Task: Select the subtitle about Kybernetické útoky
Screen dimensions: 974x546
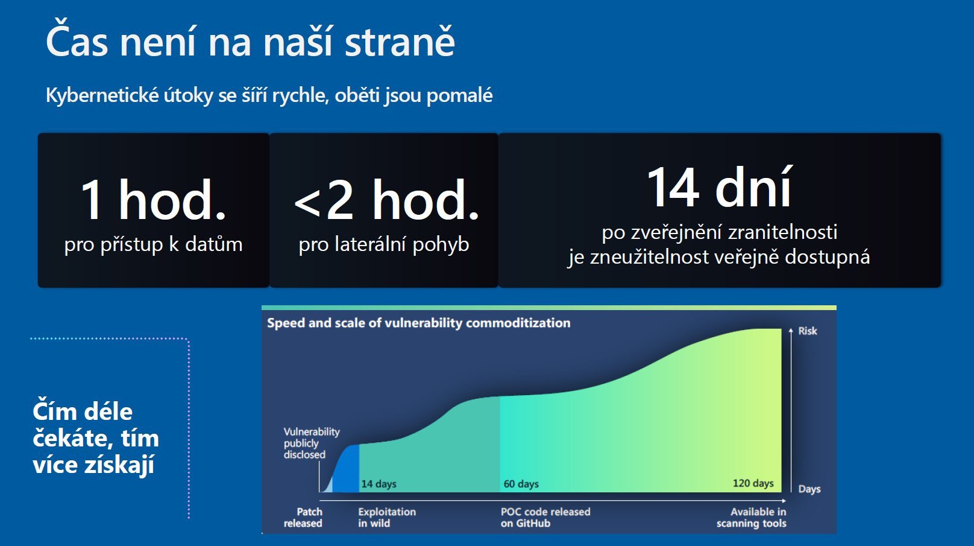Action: pos(269,95)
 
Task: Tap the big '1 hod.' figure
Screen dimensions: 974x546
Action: pos(154,200)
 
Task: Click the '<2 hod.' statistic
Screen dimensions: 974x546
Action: pos(386,200)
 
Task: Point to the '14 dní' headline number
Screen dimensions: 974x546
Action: pos(720,187)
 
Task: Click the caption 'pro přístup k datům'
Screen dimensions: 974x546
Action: pos(154,244)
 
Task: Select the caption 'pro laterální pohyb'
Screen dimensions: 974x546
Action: pos(384,244)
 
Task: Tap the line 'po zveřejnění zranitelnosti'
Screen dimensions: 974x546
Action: pos(720,232)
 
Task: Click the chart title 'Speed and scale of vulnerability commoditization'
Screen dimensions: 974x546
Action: pos(419,323)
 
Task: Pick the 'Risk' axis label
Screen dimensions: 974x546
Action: pos(808,331)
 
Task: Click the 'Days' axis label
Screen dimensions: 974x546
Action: pos(809,489)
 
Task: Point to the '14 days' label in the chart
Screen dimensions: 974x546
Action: pos(379,484)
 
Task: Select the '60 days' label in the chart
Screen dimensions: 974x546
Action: pos(521,484)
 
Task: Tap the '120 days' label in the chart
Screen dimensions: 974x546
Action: pos(753,483)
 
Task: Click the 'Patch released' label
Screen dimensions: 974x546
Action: pos(303,517)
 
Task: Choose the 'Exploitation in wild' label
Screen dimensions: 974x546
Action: pos(387,517)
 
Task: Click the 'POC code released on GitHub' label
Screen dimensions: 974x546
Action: pos(545,517)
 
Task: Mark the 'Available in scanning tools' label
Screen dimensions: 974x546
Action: pos(752,517)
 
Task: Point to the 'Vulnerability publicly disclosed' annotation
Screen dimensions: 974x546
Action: pos(312,443)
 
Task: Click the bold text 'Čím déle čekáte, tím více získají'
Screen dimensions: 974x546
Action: pos(96,437)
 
